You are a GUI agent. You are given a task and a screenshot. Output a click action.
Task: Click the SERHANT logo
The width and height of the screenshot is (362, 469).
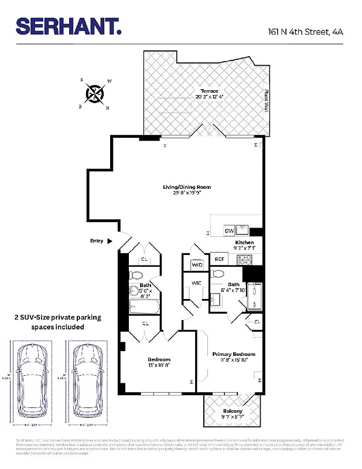(x=69, y=26)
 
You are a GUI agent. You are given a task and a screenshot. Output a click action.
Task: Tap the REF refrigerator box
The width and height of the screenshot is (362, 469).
(x=220, y=259)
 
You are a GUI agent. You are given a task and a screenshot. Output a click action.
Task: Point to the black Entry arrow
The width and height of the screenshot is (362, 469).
(x=109, y=240)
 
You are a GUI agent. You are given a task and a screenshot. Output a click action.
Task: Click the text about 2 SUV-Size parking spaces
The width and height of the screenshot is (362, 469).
(x=57, y=322)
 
